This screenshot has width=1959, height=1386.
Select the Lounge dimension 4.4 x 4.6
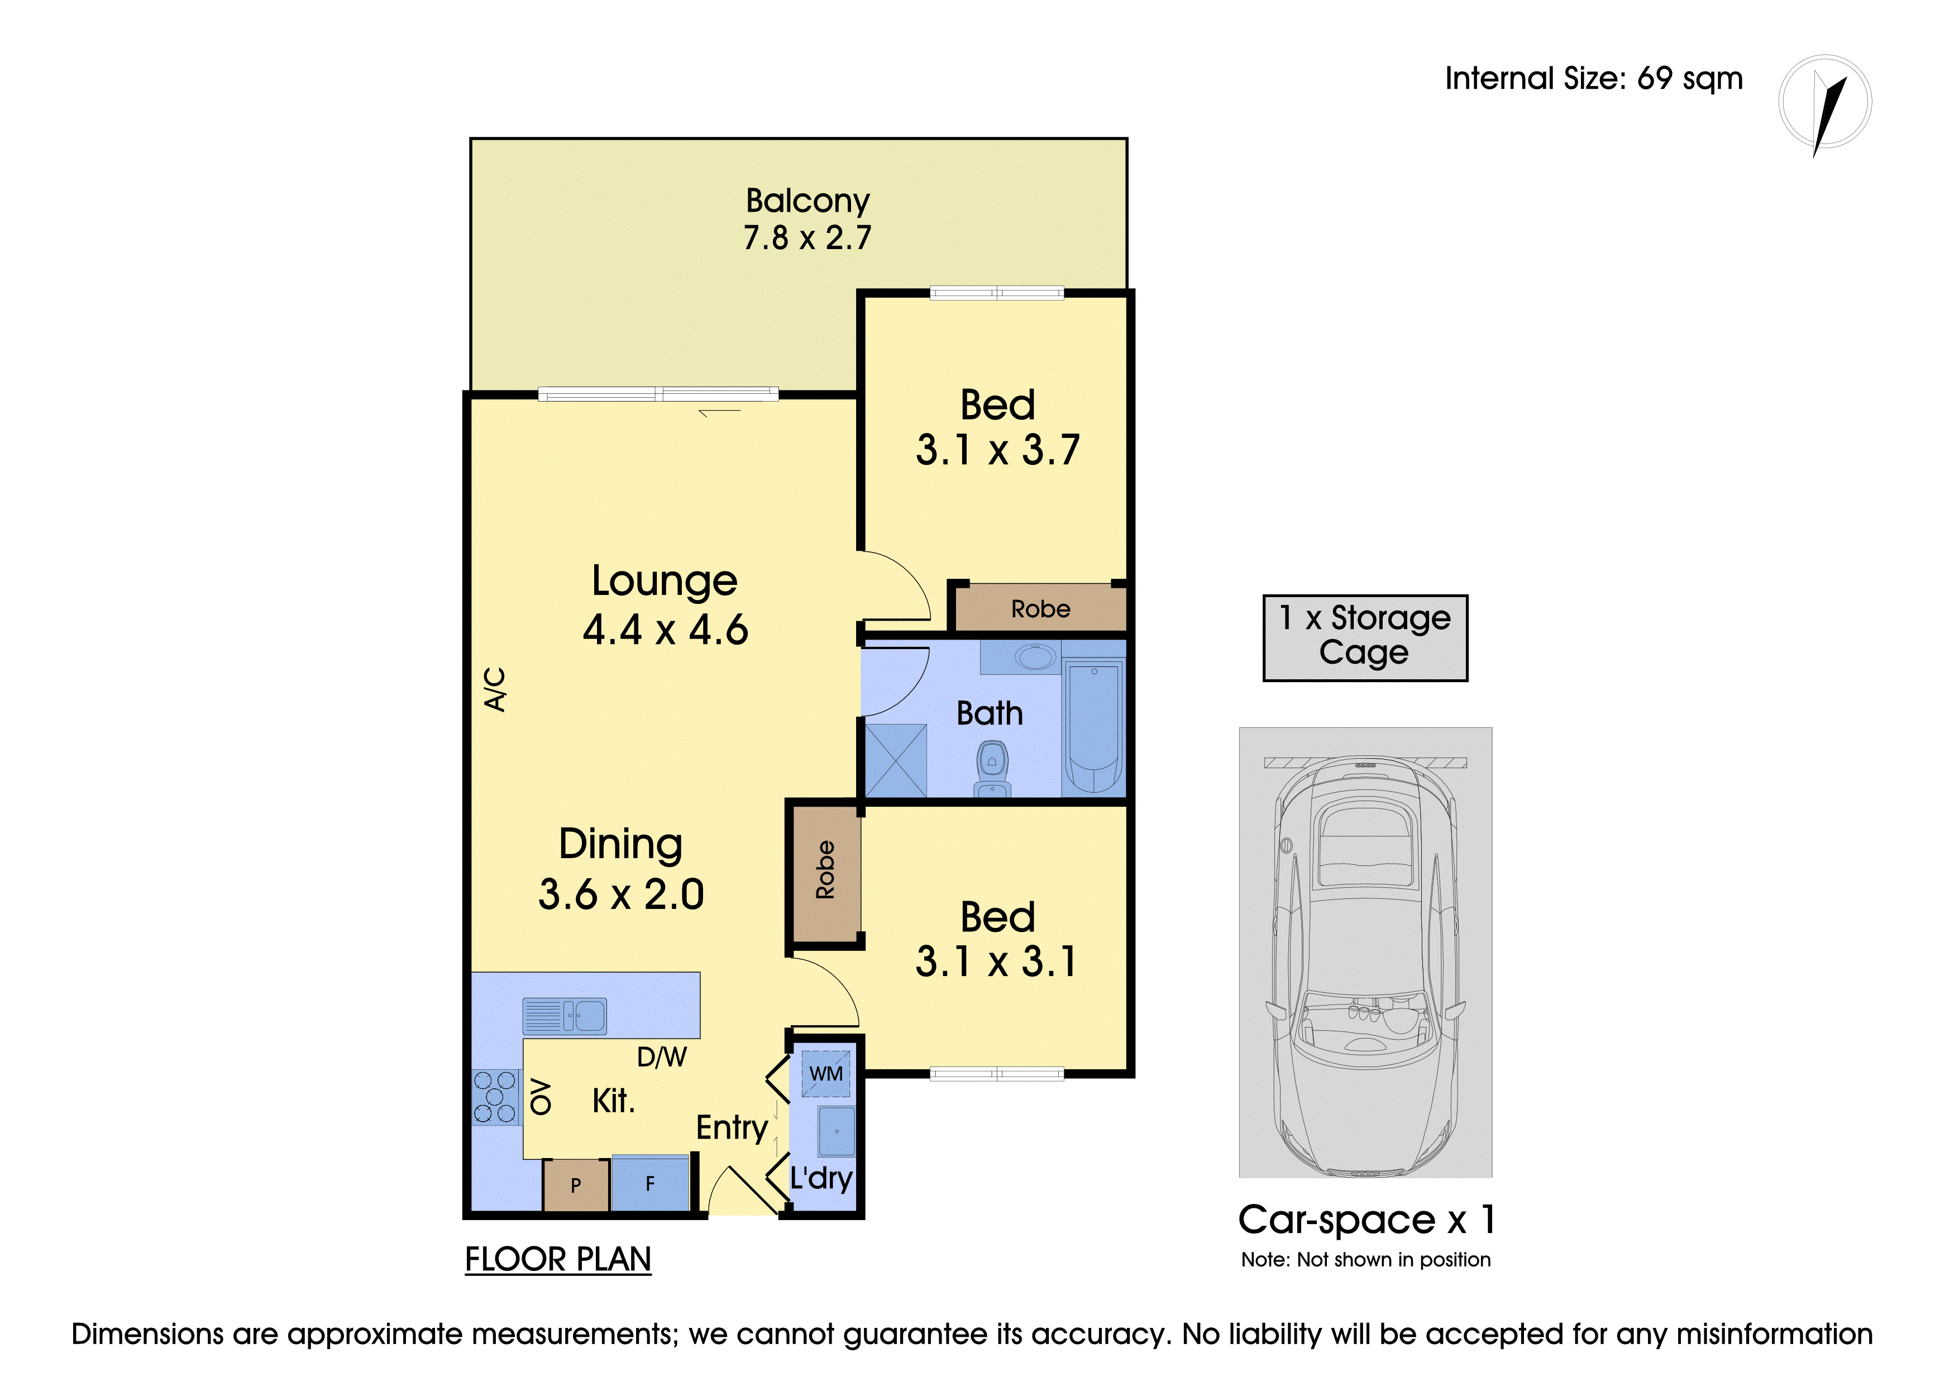coord(666,630)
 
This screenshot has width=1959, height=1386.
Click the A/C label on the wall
coord(495,689)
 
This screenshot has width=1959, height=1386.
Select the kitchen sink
coord(565,1016)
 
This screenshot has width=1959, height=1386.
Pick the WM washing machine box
coord(826,1074)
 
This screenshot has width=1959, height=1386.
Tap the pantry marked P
coord(576,1184)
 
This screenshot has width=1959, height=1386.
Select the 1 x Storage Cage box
coord(1365,637)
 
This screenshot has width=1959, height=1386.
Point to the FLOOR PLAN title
coord(558,1260)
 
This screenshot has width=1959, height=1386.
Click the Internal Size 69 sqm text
coord(1594,79)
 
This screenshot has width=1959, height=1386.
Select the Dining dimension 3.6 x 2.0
coord(621,894)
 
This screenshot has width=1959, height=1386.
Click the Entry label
coord(732,1128)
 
